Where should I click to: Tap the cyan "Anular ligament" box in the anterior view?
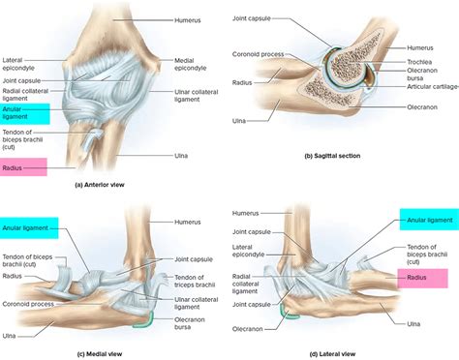tap(25, 114)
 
